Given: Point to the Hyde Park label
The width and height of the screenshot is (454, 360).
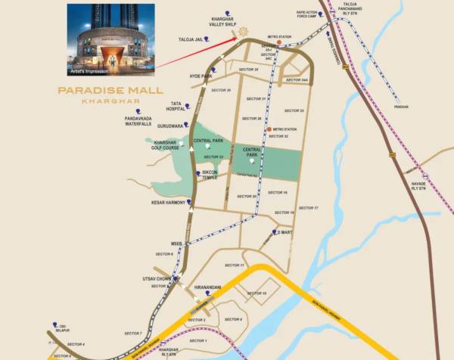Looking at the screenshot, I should (x=201, y=76).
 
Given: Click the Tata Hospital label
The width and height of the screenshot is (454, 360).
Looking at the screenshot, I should (x=174, y=105).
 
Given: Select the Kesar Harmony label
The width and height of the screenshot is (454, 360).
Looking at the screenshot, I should (x=168, y=202).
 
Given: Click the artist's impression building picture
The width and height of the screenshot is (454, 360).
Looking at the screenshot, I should (x=110, y=38).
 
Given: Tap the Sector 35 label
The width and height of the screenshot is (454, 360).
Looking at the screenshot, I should (x=262, y=70).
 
